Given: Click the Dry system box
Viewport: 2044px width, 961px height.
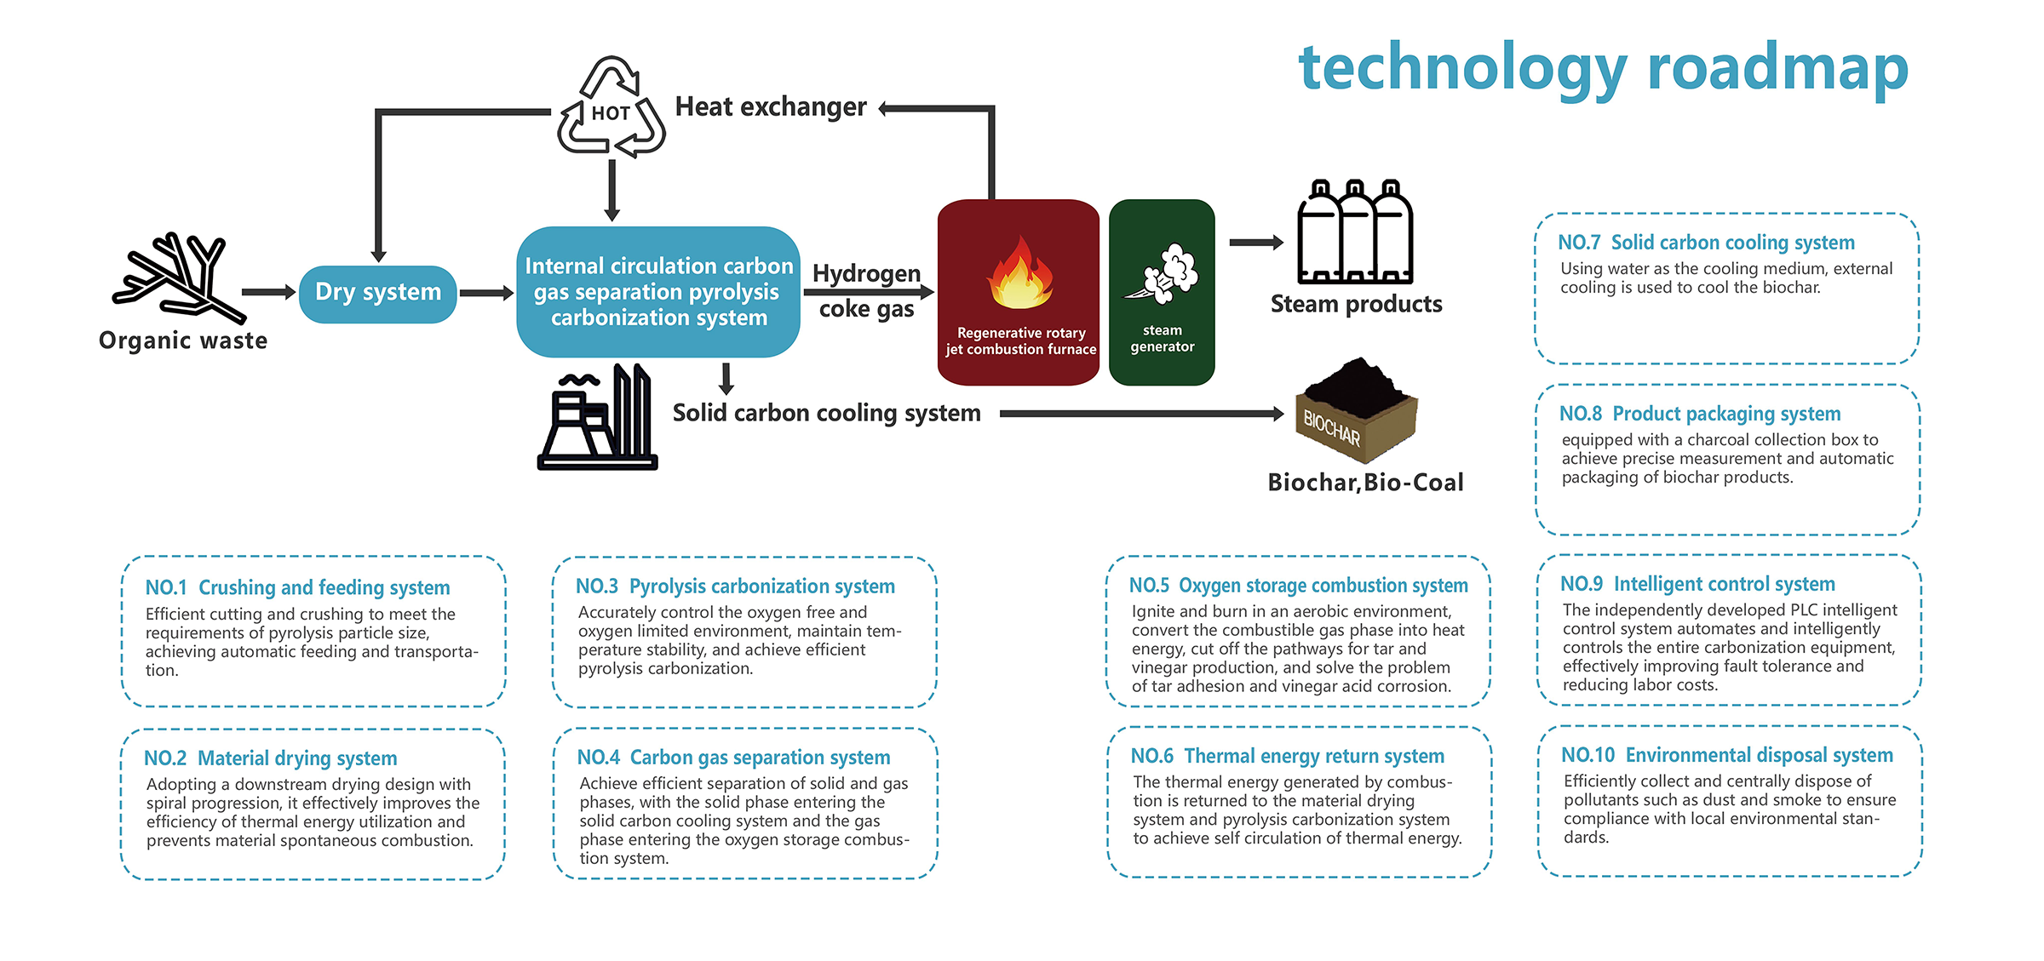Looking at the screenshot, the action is click(x=378, y=294).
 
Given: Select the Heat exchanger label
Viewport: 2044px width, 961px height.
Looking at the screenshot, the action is click(x=771, y=107).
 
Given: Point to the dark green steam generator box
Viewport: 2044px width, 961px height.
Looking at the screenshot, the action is click(x=1162, y=292).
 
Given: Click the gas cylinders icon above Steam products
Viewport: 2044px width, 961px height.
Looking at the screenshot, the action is click(x=1355, y=232).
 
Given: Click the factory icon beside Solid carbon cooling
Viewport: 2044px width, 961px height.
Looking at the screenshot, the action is click(x=598, y=417).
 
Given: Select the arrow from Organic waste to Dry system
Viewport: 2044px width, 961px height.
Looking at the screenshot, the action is click(x=268, y=292).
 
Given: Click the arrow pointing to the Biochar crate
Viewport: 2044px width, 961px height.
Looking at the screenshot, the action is click(x=1141, y=414).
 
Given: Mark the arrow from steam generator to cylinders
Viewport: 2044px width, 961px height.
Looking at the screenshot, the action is click(x=1256, y=243).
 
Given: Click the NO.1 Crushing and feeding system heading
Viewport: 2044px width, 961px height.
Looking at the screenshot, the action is click(x=297, y=587).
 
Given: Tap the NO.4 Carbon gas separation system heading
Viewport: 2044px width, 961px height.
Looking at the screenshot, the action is click(x=733, y=758).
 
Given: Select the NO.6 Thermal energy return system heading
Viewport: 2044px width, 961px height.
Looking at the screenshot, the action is click(x=1287, y=756).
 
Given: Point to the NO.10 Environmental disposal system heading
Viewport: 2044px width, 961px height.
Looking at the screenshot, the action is click(x=1726, y=755).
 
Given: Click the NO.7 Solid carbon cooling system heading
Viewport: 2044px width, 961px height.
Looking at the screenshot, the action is click(x=1706, y=243).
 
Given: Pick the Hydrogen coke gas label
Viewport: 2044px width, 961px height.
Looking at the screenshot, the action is click(x=867, y=290).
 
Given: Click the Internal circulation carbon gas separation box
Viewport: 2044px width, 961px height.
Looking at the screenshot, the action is click(x=658, y=292).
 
